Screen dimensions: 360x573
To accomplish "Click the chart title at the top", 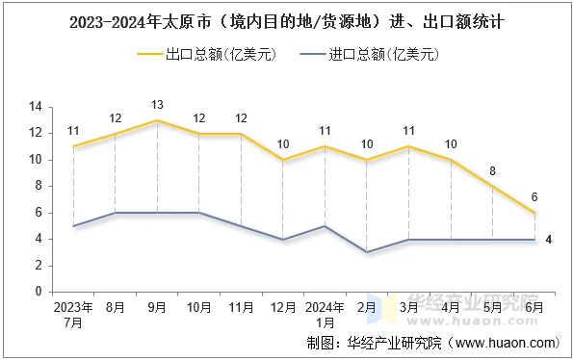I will [x=286, y=19].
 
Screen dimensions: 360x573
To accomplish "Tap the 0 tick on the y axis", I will [x=39, y=292].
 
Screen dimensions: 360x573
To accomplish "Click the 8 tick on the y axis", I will [x=39, y=186].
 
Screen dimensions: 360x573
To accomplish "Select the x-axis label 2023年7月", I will [x=73, y=315].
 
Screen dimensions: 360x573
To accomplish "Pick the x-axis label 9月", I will [x=157, y=308].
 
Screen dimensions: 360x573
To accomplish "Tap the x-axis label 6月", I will [x=534, y=308].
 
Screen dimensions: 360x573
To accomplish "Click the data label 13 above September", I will [x=157, y=104].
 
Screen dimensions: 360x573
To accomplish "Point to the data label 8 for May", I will [x=492, y=170].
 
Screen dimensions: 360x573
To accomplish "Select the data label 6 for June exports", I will [x=534, y=196].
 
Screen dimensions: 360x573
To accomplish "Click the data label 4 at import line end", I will [x=548, y=239].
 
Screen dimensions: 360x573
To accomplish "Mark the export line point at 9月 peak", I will [x=157, y=120].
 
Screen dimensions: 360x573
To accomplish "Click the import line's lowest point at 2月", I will [x=367, y=252].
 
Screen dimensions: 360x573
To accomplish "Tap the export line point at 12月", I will [x=283, y=160].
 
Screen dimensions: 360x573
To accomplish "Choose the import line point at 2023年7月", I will [x=73, y=226].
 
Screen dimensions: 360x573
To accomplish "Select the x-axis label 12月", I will [x=283, y=308].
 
